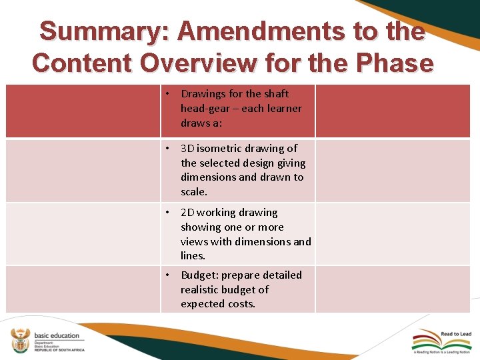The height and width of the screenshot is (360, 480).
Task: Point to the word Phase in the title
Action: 395,63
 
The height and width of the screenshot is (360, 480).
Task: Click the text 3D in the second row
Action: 189,148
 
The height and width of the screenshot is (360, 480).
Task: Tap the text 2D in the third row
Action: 189,213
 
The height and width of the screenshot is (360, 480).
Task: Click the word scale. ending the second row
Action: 194,192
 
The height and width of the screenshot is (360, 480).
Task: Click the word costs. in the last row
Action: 241,304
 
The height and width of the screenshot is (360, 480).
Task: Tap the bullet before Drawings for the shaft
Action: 170,94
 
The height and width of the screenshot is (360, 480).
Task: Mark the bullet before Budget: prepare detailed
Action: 170,275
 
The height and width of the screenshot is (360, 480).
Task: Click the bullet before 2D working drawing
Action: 170,213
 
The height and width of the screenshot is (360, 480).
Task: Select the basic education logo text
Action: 56,335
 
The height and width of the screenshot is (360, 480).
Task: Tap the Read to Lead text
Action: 456,334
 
